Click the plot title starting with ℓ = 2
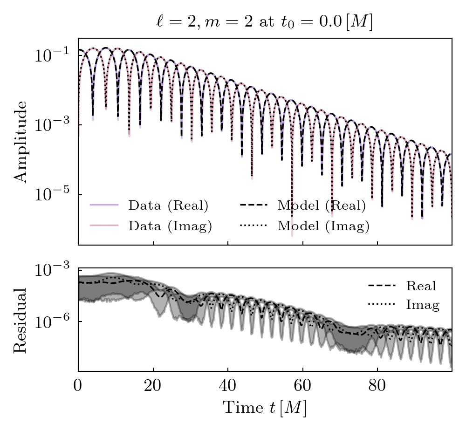tap(264, 22)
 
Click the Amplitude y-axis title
tap(20, 141)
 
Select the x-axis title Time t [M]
tap(265, 408)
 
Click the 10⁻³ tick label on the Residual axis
tap(52, 270)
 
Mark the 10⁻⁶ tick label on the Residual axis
tap(52, 322)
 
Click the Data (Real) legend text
tap(168, 205)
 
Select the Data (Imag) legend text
tap(170, 226)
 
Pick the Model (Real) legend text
tap(322, 205)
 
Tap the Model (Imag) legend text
tap(323, 226)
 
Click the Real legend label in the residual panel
tap(421, 286)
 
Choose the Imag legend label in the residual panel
tap(423, 305)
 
